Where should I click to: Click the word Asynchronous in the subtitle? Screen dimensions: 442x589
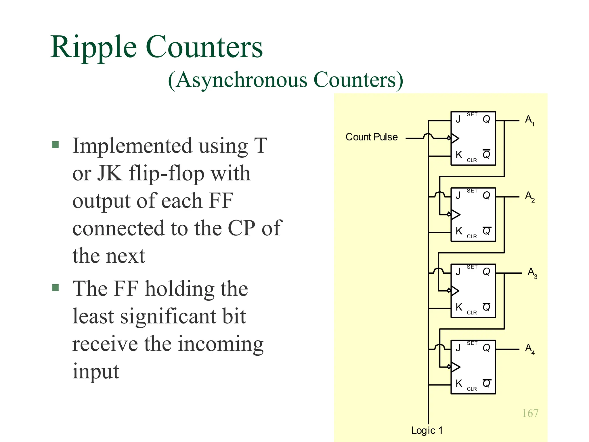tap(242, 80)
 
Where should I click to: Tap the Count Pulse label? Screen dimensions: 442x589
tap(372, 137)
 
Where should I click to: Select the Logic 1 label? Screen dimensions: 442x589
tap(427, 430)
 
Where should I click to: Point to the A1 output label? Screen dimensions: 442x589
tap(529, 120)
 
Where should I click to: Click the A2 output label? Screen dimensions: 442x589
tap(529, 197)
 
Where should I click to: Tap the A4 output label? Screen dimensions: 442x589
tap(529, 349)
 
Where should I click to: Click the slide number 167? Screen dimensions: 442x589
tap(530, 413)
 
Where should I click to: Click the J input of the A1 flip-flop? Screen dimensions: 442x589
tap(458, 119)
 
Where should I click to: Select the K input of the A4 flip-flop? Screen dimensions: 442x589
tap(459, 383)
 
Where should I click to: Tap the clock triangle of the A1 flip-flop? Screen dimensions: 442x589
tap(455, 138)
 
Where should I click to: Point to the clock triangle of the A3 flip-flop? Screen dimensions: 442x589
tap(455, 291)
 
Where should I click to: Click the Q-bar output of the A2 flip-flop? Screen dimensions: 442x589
tap(487, 231)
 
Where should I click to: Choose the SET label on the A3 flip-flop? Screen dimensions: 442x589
tap(472, 267)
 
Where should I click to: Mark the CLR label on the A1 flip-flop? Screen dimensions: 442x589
tap(472, 160)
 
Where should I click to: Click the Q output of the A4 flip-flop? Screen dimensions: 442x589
tap(486, 348)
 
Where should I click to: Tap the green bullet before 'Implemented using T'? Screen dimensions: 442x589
tap(55, 144)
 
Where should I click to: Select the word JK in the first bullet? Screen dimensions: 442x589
tap(109, 174)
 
